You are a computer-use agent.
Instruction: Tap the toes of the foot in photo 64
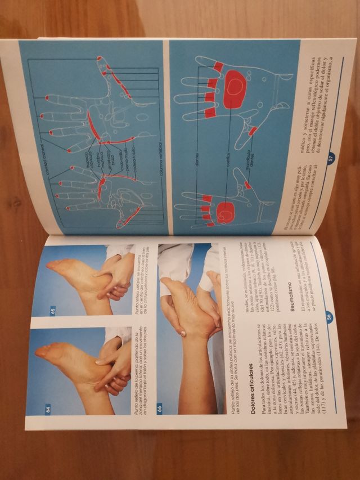pos(43,353)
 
